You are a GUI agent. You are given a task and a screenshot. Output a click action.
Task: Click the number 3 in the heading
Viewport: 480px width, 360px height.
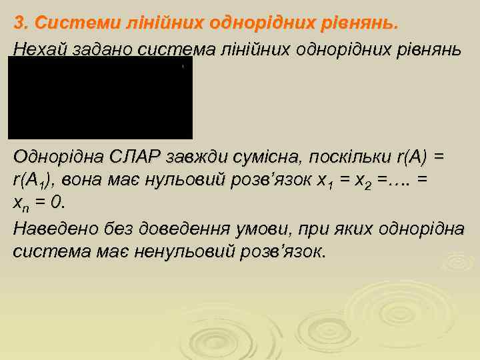pyautogui.click(x=19, y=23)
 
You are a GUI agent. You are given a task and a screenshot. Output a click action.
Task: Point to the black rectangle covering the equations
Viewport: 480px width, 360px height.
pyautogui.click(x=100, y=97)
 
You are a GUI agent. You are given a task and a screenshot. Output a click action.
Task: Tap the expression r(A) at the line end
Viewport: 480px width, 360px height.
pyautogui.click(x=412, y=157)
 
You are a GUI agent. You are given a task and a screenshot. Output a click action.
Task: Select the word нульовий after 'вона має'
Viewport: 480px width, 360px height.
pyautogui.click(x=195, y=181)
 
